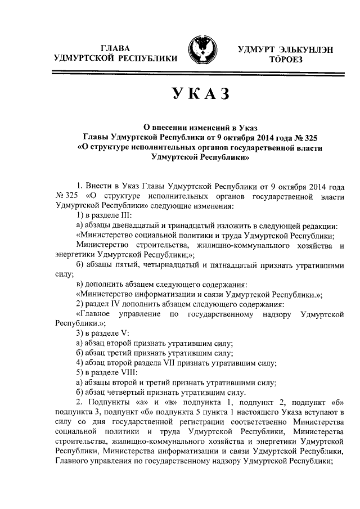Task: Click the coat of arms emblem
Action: [x=205, y=52]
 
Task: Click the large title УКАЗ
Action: [x=199, y=93]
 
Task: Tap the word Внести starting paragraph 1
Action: [x=100, y=186]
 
